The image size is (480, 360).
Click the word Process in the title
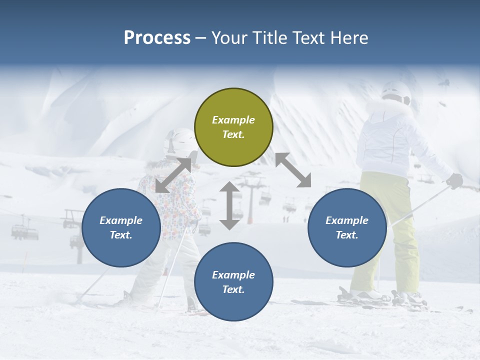157,38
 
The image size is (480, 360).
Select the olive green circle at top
233,127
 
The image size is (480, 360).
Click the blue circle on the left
121,227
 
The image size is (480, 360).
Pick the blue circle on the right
347,227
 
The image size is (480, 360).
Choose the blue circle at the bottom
233,282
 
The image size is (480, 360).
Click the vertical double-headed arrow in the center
229,205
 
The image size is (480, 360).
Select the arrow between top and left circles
173,175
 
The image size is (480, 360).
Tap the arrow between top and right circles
293,170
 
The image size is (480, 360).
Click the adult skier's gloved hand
454,180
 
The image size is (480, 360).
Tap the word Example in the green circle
233,120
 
